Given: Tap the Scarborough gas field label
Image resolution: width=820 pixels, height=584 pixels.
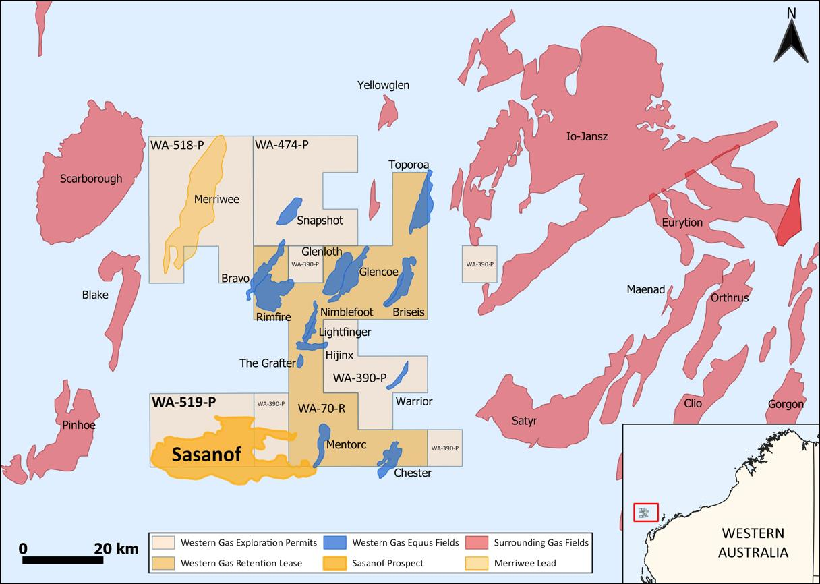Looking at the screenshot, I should pos(91,179).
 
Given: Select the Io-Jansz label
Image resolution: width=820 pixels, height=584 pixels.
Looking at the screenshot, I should pos(587,137).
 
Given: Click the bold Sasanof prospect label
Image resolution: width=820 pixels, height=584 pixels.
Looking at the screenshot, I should pos(206,455).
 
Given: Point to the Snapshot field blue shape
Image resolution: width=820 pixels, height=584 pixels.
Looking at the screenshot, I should pos(290,210).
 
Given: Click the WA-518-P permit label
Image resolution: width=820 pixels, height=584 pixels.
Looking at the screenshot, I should pos(177,144).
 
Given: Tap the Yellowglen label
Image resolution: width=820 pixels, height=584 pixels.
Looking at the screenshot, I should pos(383,85).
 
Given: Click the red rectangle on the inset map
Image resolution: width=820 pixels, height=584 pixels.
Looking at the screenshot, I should pos(645,513).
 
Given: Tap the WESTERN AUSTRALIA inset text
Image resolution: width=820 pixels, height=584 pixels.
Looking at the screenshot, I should pos(753,543).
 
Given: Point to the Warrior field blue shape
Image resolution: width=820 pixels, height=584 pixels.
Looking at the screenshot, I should pos(402,375).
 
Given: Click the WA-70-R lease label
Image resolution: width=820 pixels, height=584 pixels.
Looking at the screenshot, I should pos(322,408).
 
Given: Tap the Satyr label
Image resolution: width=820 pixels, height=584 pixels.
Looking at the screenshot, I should pos(524,421).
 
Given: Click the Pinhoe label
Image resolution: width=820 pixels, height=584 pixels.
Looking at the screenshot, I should pos(78,426).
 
